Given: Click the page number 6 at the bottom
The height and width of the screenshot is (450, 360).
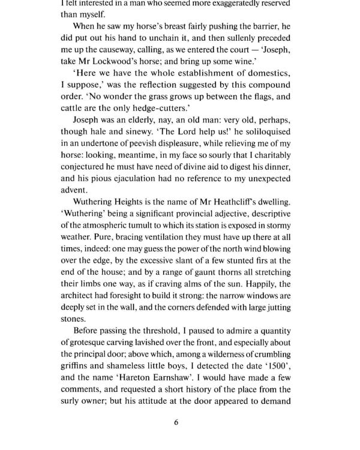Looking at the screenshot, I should (x=176, y=421).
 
